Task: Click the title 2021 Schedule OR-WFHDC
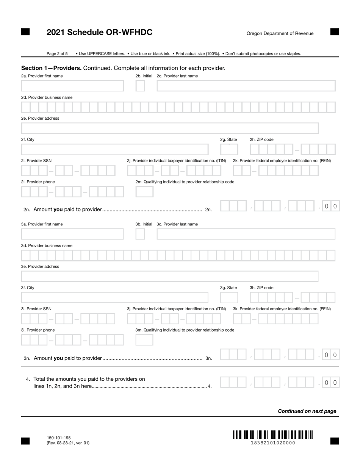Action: click(x=99, y=32)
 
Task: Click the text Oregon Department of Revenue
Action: click(x=280, y=33)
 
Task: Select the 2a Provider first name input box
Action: click(x=72, y=86)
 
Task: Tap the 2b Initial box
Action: click(x=140, y=86)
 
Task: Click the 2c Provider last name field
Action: click(x=246, y=86)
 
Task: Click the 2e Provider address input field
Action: click(x=170, y=128)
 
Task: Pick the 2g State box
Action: click(x=229, y=149)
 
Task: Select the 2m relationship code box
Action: click(x=144, y=192)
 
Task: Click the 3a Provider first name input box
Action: click(x=72, y=234)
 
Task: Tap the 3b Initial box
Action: click(x=140, y=234)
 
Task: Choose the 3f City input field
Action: click(x=114, y=297)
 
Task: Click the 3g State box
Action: click(x=229, y=297)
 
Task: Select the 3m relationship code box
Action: click(x=144, y=340)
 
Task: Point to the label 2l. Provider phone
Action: click(x=38, y=182)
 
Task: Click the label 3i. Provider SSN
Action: click(x=36, y=309)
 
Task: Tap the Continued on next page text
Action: click(x=307, y=411)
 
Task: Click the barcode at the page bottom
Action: click(x=273, y=435)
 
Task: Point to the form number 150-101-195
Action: click(x=59, y=438)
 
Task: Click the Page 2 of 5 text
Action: click(x=57, y=54)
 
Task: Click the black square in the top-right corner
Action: click(x=334, y=32)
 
